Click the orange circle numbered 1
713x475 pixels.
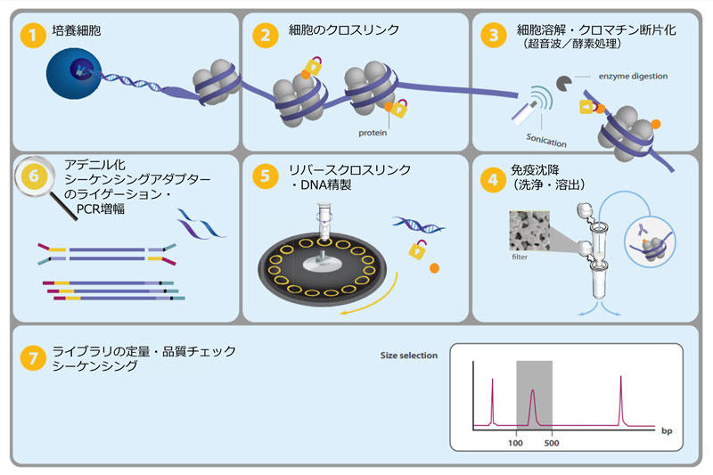[x=33, y=35]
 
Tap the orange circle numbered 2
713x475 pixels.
[x=265, y=35]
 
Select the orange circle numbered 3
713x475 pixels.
[x=494, y=35]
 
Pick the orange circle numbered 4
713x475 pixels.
[x=493, y=180]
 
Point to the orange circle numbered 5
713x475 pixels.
[x=265, y=176]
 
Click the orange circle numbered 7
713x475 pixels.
[x=33, y=358]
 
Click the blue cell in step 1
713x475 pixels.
[x=74, y=73]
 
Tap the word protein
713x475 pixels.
[x=373, y=133]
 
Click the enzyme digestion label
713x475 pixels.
[x=633, y=77]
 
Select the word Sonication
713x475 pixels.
[x=546, y=141]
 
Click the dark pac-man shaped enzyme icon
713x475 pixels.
[x=564, y=83]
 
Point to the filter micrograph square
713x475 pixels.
[x=529, y=231]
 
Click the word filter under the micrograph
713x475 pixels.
[x=520, y=257]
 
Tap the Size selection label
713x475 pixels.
[x=409, y=356]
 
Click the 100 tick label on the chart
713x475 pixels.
[x=515, y=443]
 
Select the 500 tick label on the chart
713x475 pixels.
[x=552, y=443]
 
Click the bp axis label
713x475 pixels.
[x=667, y=431]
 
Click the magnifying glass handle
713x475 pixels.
[x=63, y=207]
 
